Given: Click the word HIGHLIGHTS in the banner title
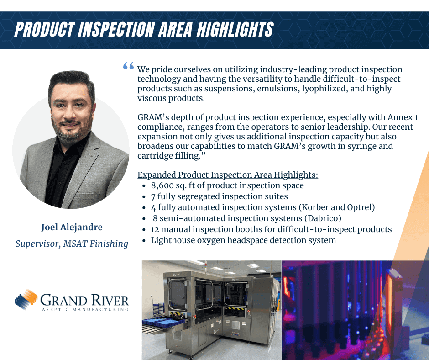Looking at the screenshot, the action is [235, 29].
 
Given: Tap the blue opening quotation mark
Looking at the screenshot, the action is [128, 66].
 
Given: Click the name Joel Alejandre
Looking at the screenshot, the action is [72, 227].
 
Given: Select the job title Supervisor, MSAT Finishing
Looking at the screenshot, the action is [72, 244].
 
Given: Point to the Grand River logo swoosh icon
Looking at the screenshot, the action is [26, 299].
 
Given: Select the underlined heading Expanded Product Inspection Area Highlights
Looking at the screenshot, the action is [228, 175].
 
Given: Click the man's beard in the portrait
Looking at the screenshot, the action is [71, 131].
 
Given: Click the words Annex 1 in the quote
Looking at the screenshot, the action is [403, 117].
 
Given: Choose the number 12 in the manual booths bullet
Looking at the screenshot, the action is [155, 229].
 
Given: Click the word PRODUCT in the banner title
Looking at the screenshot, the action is [44, 29].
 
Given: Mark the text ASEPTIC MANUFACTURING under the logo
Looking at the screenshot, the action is [85, 309].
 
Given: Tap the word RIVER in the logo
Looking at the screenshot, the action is [110, 300].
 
